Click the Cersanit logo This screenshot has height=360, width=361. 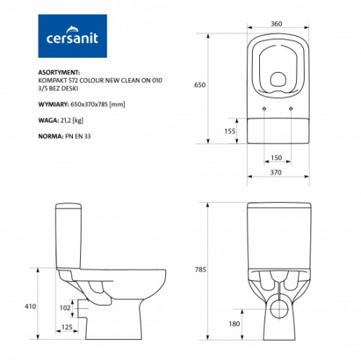(72, 36)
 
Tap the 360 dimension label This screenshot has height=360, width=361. (277, 24)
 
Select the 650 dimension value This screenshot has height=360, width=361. (200, 85)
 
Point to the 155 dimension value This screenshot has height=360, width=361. (230, 131)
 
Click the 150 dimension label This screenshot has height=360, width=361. (276, 158)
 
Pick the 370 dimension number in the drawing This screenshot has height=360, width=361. (276, 172)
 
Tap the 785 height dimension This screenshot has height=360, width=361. (201, 270)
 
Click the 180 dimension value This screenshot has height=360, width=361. (234, 324)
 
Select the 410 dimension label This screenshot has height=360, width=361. (30, 307)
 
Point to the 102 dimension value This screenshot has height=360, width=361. (65, 308)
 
